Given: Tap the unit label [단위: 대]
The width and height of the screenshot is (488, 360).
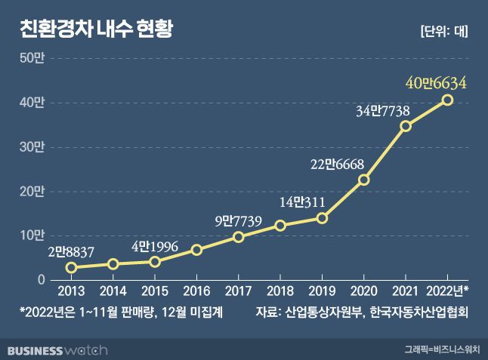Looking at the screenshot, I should click(x=443, y=31).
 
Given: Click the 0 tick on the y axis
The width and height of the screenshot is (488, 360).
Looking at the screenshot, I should click(x=42, y=281).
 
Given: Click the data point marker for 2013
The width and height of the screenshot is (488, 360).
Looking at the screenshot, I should click(x=71, y=268).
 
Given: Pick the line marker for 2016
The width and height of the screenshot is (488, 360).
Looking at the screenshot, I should click(x=196, y=250).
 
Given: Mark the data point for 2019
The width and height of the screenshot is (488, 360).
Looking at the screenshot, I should click(x=322, y=218).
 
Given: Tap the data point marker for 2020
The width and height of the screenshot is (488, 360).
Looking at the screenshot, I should click(x=363, y=180).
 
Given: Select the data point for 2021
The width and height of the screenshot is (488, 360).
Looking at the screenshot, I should click(x=406, y=126).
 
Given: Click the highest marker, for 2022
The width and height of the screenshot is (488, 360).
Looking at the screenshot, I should click(x=447, y=100).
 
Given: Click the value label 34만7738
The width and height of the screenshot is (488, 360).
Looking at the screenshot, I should click(x=382, y=112).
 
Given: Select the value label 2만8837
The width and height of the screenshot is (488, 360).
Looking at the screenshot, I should click(x=69, y=252).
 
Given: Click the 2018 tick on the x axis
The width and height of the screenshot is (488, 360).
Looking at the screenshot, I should click(x=280, y=291).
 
